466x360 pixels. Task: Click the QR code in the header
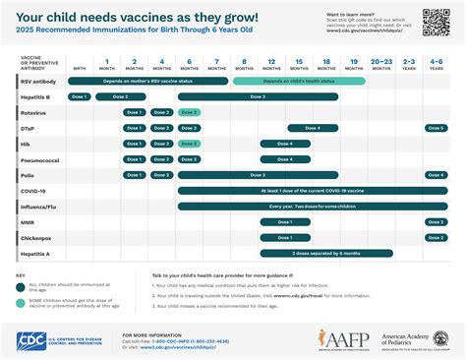(436, 22)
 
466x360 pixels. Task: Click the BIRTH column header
(80, 67)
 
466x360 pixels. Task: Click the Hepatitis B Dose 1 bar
(80, 96)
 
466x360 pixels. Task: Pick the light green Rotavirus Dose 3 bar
(190, 112)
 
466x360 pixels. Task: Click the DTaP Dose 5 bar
(435, 128)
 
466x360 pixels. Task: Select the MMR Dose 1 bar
(285, 222)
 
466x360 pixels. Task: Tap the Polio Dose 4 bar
(435, 175)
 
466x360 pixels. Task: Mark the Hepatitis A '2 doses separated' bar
(312, 254)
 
